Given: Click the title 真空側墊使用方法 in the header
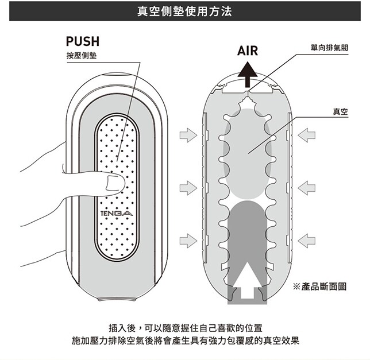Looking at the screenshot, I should [185, 11].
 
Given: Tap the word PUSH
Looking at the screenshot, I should [83, 41].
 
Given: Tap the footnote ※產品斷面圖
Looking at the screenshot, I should [321, 286].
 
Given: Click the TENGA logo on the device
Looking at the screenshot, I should [116, 215].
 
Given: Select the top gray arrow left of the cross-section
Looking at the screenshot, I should [187, 135].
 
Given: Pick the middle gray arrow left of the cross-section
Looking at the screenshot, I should [187, 187].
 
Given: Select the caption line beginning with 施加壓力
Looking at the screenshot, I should [185, 340].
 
